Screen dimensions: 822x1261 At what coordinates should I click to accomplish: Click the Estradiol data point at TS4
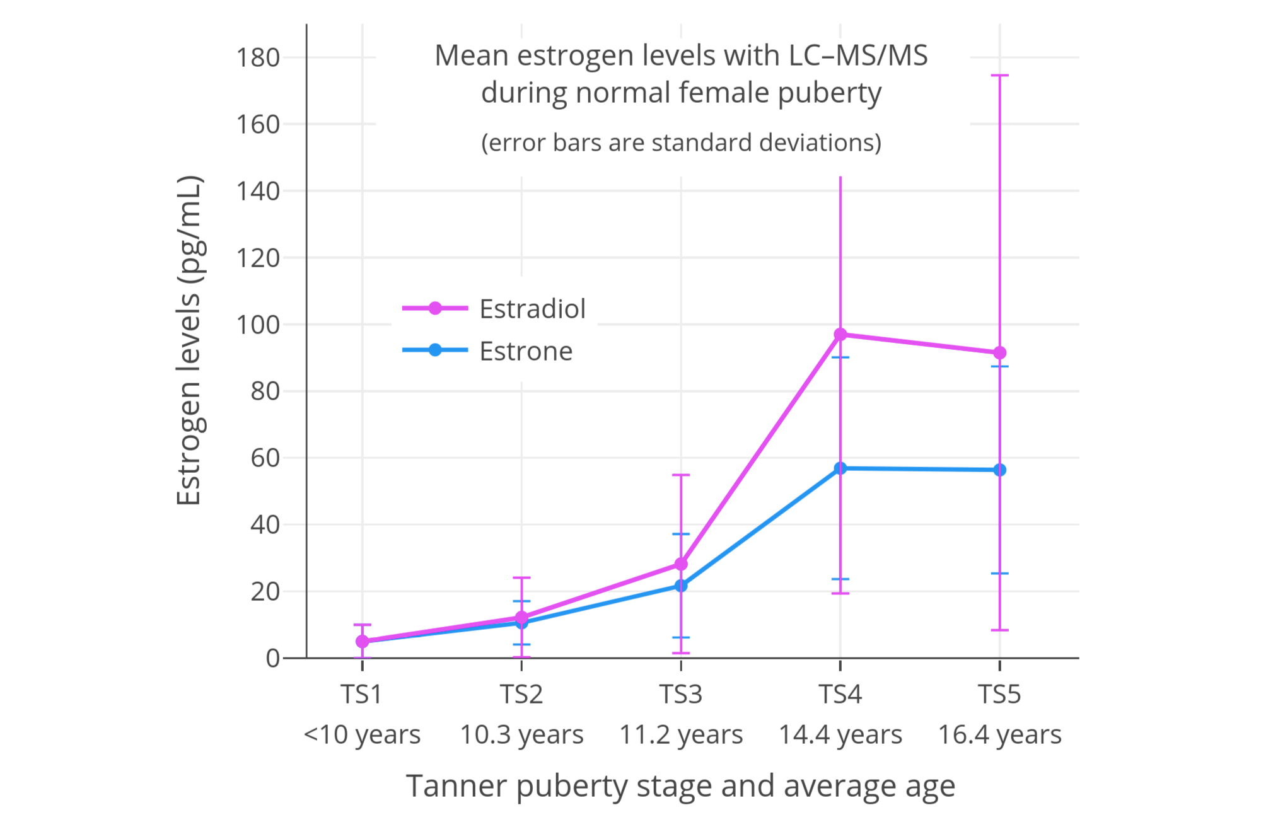pos(840,334)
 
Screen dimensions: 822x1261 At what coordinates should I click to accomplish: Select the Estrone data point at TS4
pos(840,468)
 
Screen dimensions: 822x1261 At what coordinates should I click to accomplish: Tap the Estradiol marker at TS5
pos(999,352)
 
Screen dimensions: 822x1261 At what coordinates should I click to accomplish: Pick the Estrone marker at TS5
pos(999,470)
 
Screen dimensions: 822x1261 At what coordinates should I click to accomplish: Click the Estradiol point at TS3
pos(681,564)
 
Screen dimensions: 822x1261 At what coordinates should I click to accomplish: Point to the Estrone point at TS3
pos(681,586)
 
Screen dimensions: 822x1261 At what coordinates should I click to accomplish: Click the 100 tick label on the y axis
pos(257,325)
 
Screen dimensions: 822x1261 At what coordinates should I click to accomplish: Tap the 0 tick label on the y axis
pos(272,658)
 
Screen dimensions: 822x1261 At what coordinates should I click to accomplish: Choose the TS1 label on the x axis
pos(362,694)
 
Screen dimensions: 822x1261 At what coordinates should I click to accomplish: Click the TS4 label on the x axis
pos(840,694)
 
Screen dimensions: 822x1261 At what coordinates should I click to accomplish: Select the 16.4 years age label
pos(999,734)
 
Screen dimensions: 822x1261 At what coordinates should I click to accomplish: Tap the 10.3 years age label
pos(521,734)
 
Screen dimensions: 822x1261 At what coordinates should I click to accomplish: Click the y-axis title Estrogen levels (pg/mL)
pos(189,340)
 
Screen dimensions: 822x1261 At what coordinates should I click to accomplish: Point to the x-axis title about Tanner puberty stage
pos(681,786)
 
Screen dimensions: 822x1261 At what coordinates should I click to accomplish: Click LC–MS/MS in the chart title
pos(858,55)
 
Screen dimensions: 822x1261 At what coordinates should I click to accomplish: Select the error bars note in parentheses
pos(681,142)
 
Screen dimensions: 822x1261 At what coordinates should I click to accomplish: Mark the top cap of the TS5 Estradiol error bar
pos(999,75)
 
